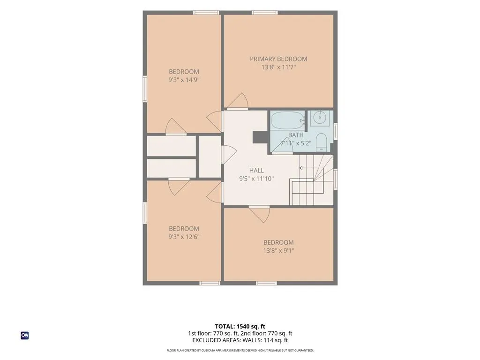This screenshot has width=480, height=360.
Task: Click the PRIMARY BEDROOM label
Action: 278,59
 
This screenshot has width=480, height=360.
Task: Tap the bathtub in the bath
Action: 288,121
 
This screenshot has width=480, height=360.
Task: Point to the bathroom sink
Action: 320,118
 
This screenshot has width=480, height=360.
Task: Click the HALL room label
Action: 256,171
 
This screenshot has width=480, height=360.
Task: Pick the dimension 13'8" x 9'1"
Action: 278,251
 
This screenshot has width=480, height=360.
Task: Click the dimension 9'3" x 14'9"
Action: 184,80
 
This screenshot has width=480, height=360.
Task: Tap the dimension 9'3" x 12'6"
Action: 184,237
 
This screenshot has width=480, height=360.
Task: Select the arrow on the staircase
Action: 311,168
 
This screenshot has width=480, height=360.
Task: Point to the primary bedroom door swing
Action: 237,101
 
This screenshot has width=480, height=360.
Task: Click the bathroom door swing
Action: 283,146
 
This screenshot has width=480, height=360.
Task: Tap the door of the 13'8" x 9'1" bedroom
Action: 259,214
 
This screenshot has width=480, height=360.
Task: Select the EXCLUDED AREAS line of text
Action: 240,340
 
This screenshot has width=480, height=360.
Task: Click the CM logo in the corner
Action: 25,336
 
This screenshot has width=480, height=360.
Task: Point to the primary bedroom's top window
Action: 265,13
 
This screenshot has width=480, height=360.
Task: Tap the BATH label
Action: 296,135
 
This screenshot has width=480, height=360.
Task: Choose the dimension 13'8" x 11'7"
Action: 278,67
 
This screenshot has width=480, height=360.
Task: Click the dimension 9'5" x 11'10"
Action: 256,179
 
